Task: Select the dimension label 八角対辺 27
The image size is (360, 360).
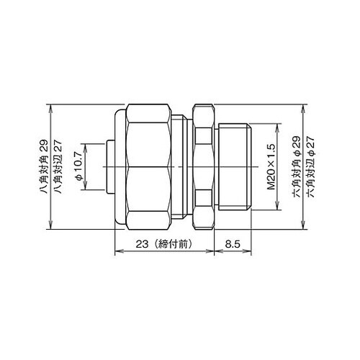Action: click(58, 167)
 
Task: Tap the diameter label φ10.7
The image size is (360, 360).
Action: click(78, 166)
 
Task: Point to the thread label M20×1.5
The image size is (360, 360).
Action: click(271, 167)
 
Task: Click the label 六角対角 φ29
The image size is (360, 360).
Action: click(297, 167)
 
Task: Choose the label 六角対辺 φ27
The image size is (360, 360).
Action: click(310, 167)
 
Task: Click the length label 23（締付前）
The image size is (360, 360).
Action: click(164, 244)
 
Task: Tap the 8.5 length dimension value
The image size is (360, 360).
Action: click(233, 244)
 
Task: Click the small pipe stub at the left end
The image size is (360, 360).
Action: click(110, 167)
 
